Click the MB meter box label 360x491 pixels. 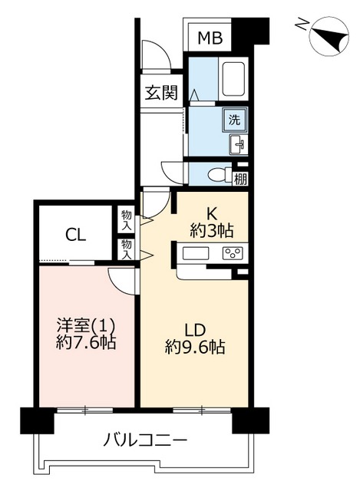210,38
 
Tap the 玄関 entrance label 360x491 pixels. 161,92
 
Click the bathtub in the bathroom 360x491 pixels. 233,78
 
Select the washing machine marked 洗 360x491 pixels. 234,120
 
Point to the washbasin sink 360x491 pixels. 239,144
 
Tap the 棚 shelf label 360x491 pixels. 240,180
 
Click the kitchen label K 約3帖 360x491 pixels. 212,222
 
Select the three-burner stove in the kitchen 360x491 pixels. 232,253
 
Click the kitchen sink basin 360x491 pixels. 196,253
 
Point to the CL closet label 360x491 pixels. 75,235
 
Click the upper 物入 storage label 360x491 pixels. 126,221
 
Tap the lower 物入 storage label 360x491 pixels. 126,249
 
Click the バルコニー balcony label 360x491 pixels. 145,440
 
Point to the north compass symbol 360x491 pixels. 329,36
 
